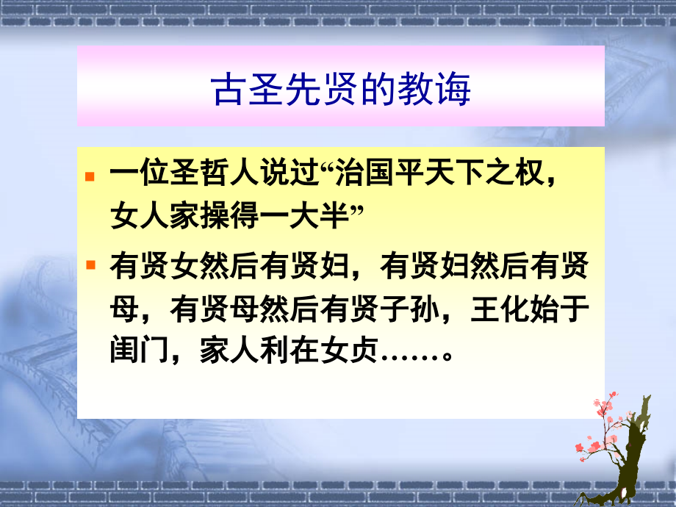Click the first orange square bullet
[90, 178]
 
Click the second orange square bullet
[90, 264]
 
